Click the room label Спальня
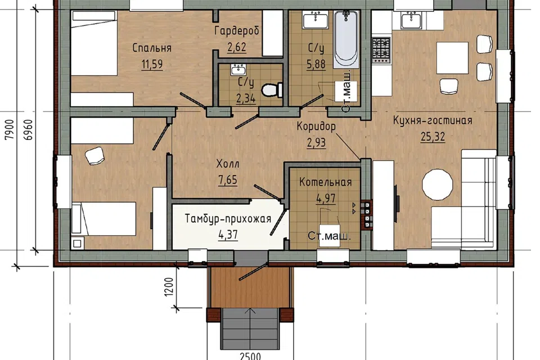click(x=152, y=48)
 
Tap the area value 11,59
click(x=152, y=64)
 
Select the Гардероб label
click(x=237, y=31)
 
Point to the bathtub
click(x=346, y=38)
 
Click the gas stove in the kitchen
click(x=381, y=50)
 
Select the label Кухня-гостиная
click(x=433, y=120)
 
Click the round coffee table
click(x=438, y=184)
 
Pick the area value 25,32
click(x=433, y=137)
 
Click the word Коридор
click(x=316, y=127)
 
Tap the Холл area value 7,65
click(x=228, y=179)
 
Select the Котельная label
click(x=326, y=182)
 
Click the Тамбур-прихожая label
click(x=228, y=218)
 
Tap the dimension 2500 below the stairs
click(x=250, y=356)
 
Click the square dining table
click(x=452, y=58)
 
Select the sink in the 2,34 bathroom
click(x=238, y=70)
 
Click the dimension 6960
click(x=29, y=129)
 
